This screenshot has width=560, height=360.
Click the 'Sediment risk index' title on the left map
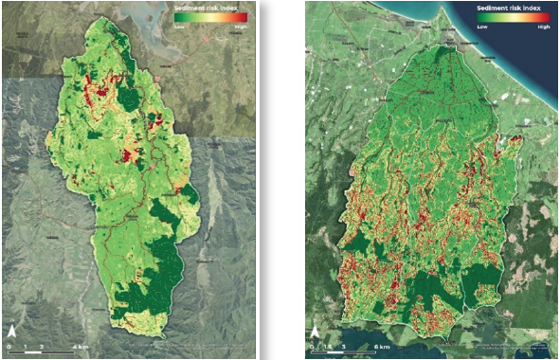click(x=209, y=7)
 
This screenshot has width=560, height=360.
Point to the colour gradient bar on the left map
click(x=209, y=17)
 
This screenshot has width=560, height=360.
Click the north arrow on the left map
click(x=11, y=333)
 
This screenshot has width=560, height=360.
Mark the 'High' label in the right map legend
click(x=543, y=27)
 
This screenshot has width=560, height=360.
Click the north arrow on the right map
click(x=315, y=334)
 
